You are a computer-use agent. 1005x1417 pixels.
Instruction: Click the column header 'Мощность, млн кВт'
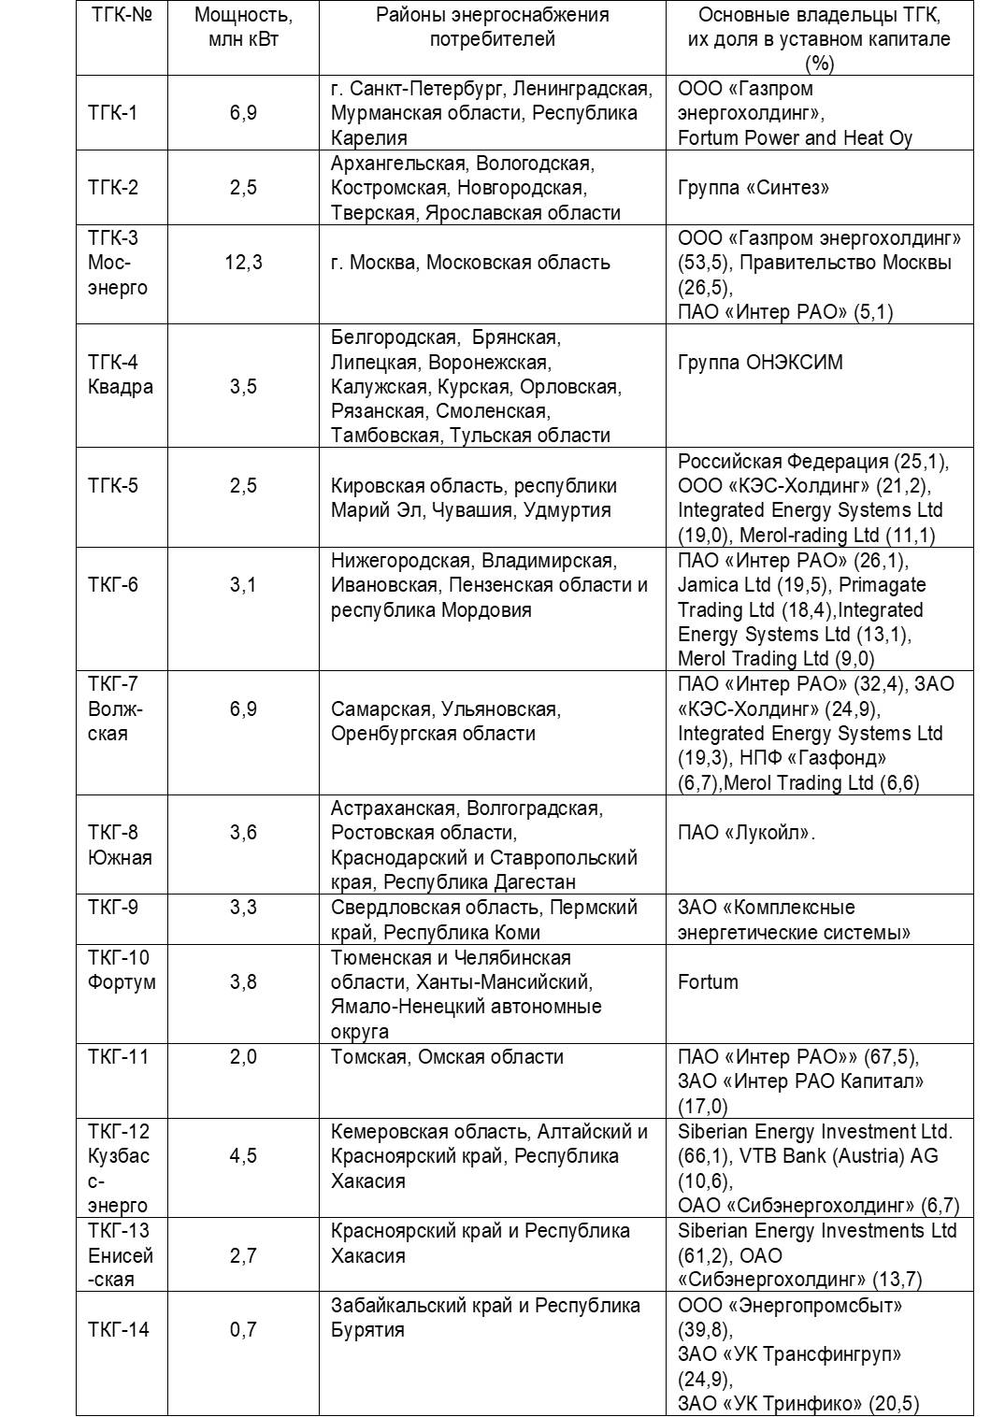243,27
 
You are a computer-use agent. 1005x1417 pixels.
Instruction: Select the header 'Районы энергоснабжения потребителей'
492,27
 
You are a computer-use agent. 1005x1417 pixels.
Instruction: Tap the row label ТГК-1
112,113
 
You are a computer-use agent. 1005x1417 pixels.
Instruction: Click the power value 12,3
243,263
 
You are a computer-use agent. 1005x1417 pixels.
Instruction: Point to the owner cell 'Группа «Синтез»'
754,188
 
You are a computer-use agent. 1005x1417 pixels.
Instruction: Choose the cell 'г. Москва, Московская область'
470,263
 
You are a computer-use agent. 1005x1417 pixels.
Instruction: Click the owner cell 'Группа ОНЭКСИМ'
760,363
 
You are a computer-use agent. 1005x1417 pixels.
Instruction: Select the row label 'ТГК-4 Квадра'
120,375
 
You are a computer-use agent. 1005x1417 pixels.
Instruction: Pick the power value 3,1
243,585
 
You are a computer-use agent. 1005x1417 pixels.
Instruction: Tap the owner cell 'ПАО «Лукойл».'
746,833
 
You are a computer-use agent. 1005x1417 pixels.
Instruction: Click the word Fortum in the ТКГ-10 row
708,982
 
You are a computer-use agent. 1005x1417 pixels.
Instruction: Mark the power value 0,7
243,1330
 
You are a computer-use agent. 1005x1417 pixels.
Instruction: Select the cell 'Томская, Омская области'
447,1057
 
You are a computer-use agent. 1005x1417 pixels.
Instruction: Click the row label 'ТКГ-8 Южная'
120,845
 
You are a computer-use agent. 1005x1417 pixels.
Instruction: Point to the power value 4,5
243,1156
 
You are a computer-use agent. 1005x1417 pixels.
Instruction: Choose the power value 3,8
243,982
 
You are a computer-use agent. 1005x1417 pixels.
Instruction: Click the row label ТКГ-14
119,1330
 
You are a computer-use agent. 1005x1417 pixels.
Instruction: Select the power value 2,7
243,1255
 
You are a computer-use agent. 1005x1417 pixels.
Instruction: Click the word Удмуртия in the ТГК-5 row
567,510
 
